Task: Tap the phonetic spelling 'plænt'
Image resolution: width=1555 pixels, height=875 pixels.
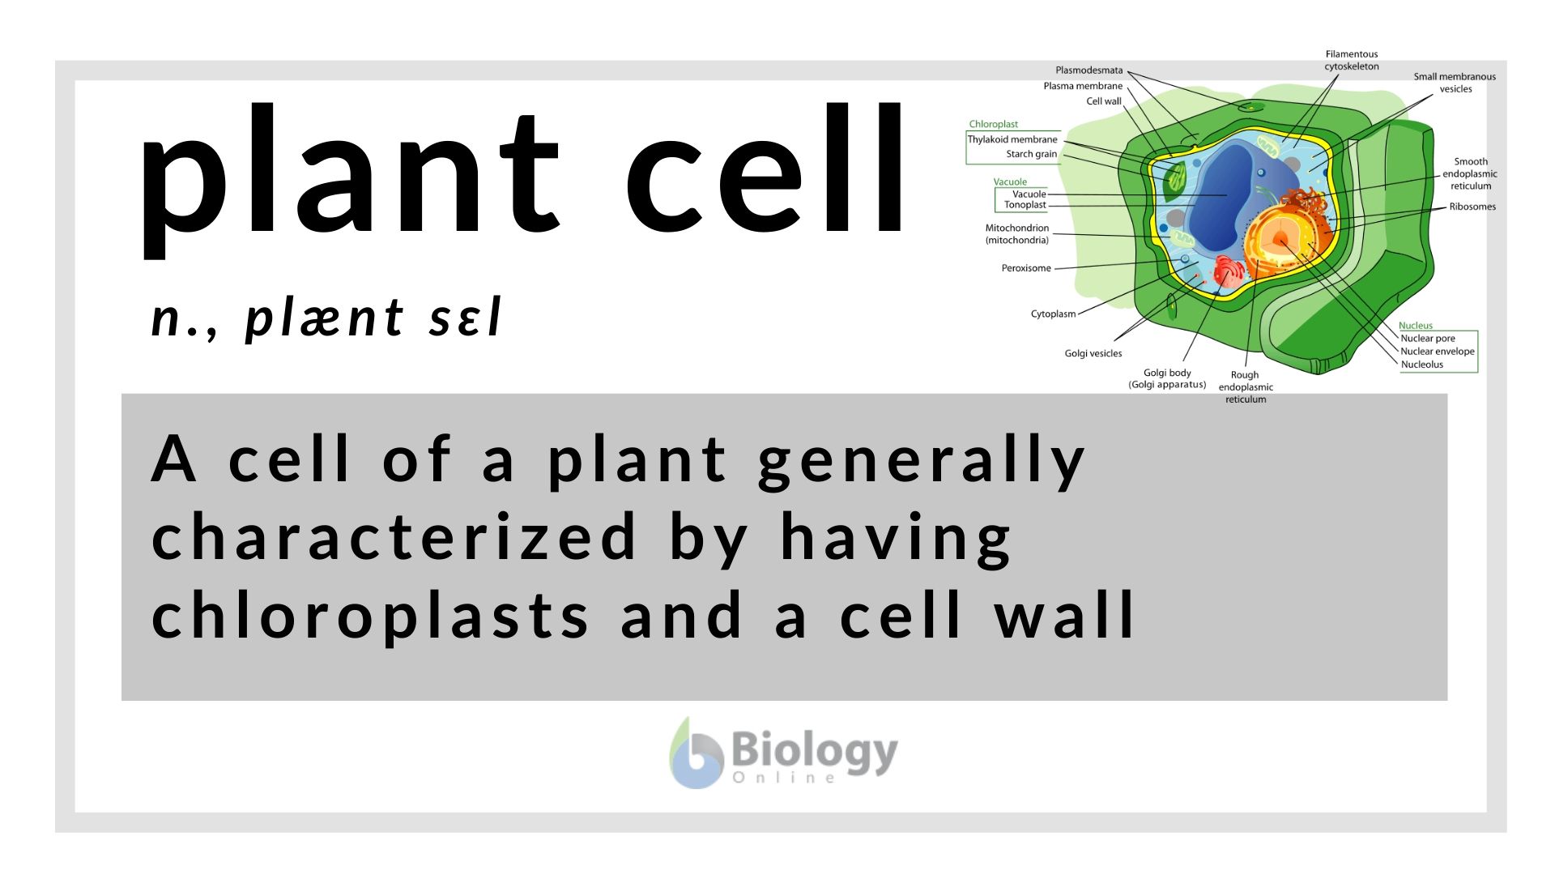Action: coord(324,318)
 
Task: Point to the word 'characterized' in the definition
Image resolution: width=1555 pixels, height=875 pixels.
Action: coord(394,536)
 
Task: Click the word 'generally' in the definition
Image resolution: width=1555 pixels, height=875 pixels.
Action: coord(922,462)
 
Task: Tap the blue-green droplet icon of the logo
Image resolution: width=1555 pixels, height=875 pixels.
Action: coord(696,753)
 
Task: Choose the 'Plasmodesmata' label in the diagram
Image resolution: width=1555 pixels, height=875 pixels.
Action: coord(1089,70)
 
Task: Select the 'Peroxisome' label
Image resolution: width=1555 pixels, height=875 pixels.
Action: coord(1026,268)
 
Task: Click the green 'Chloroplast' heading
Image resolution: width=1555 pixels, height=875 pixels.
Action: coord(994,124)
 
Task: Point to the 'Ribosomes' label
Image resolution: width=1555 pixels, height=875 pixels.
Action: coord(1472,207)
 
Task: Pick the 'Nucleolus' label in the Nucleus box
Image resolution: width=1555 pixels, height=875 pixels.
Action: coord(1422,365)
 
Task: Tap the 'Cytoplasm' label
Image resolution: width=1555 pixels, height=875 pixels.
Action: coord(1053,314)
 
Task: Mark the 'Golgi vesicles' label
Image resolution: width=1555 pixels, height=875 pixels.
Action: coord(1093,353)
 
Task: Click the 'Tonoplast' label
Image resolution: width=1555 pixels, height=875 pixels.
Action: coord(1025,205)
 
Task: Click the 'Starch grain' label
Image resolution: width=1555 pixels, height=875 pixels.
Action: coord(1032,154)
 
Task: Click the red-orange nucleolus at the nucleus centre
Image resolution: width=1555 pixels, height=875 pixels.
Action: coord(1280,239)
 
